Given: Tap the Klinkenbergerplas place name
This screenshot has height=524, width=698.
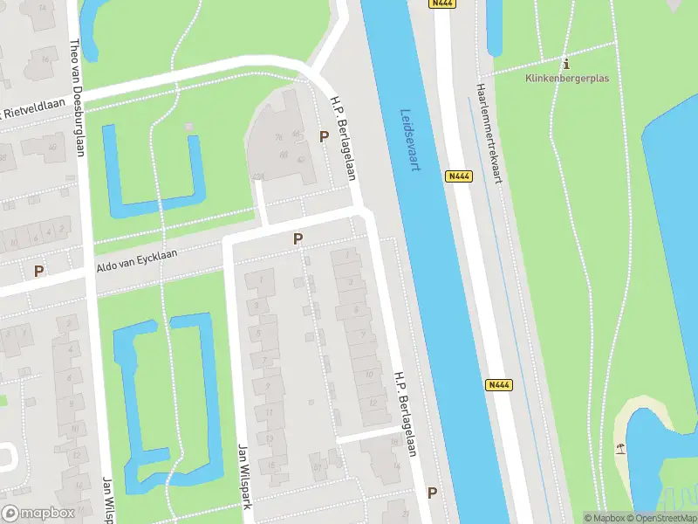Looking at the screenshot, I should pos(567,78).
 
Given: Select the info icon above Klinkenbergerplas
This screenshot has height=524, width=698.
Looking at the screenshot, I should pos(567,64).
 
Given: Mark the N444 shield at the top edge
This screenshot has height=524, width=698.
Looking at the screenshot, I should pos(442,4).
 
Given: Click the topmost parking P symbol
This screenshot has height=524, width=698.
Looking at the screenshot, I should pos(325,137).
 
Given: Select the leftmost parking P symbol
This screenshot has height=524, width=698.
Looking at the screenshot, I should pos(38,271).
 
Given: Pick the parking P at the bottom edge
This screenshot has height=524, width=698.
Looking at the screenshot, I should pos(432,493).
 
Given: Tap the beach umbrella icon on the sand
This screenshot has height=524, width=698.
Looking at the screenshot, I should pos(620,449).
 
